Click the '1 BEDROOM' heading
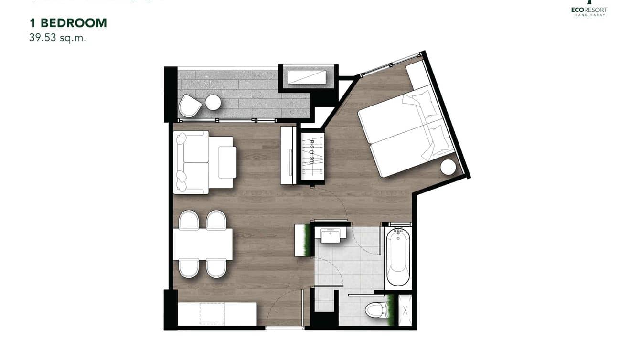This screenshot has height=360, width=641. pyautogui.click(x=68, y=23)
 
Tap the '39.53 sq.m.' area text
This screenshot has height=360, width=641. pyautogui.click(x=57, y=38)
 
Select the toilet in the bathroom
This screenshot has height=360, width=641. pyautogui.click(x=374, y=310)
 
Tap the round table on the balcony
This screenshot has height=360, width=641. pyautogui.click(x=213, y=102)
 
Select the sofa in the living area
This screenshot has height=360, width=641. pyautogui.click(x=192, y=162)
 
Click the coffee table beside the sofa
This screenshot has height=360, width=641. pyautogui.click(x=227, y=162)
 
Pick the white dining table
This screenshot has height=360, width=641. pyautogui.click(x=203, y=244)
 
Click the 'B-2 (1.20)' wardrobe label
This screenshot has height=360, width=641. pyautogui.click(x=312, y=152)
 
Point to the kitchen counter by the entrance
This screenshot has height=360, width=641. pyautogui.click(x=217, y=314)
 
